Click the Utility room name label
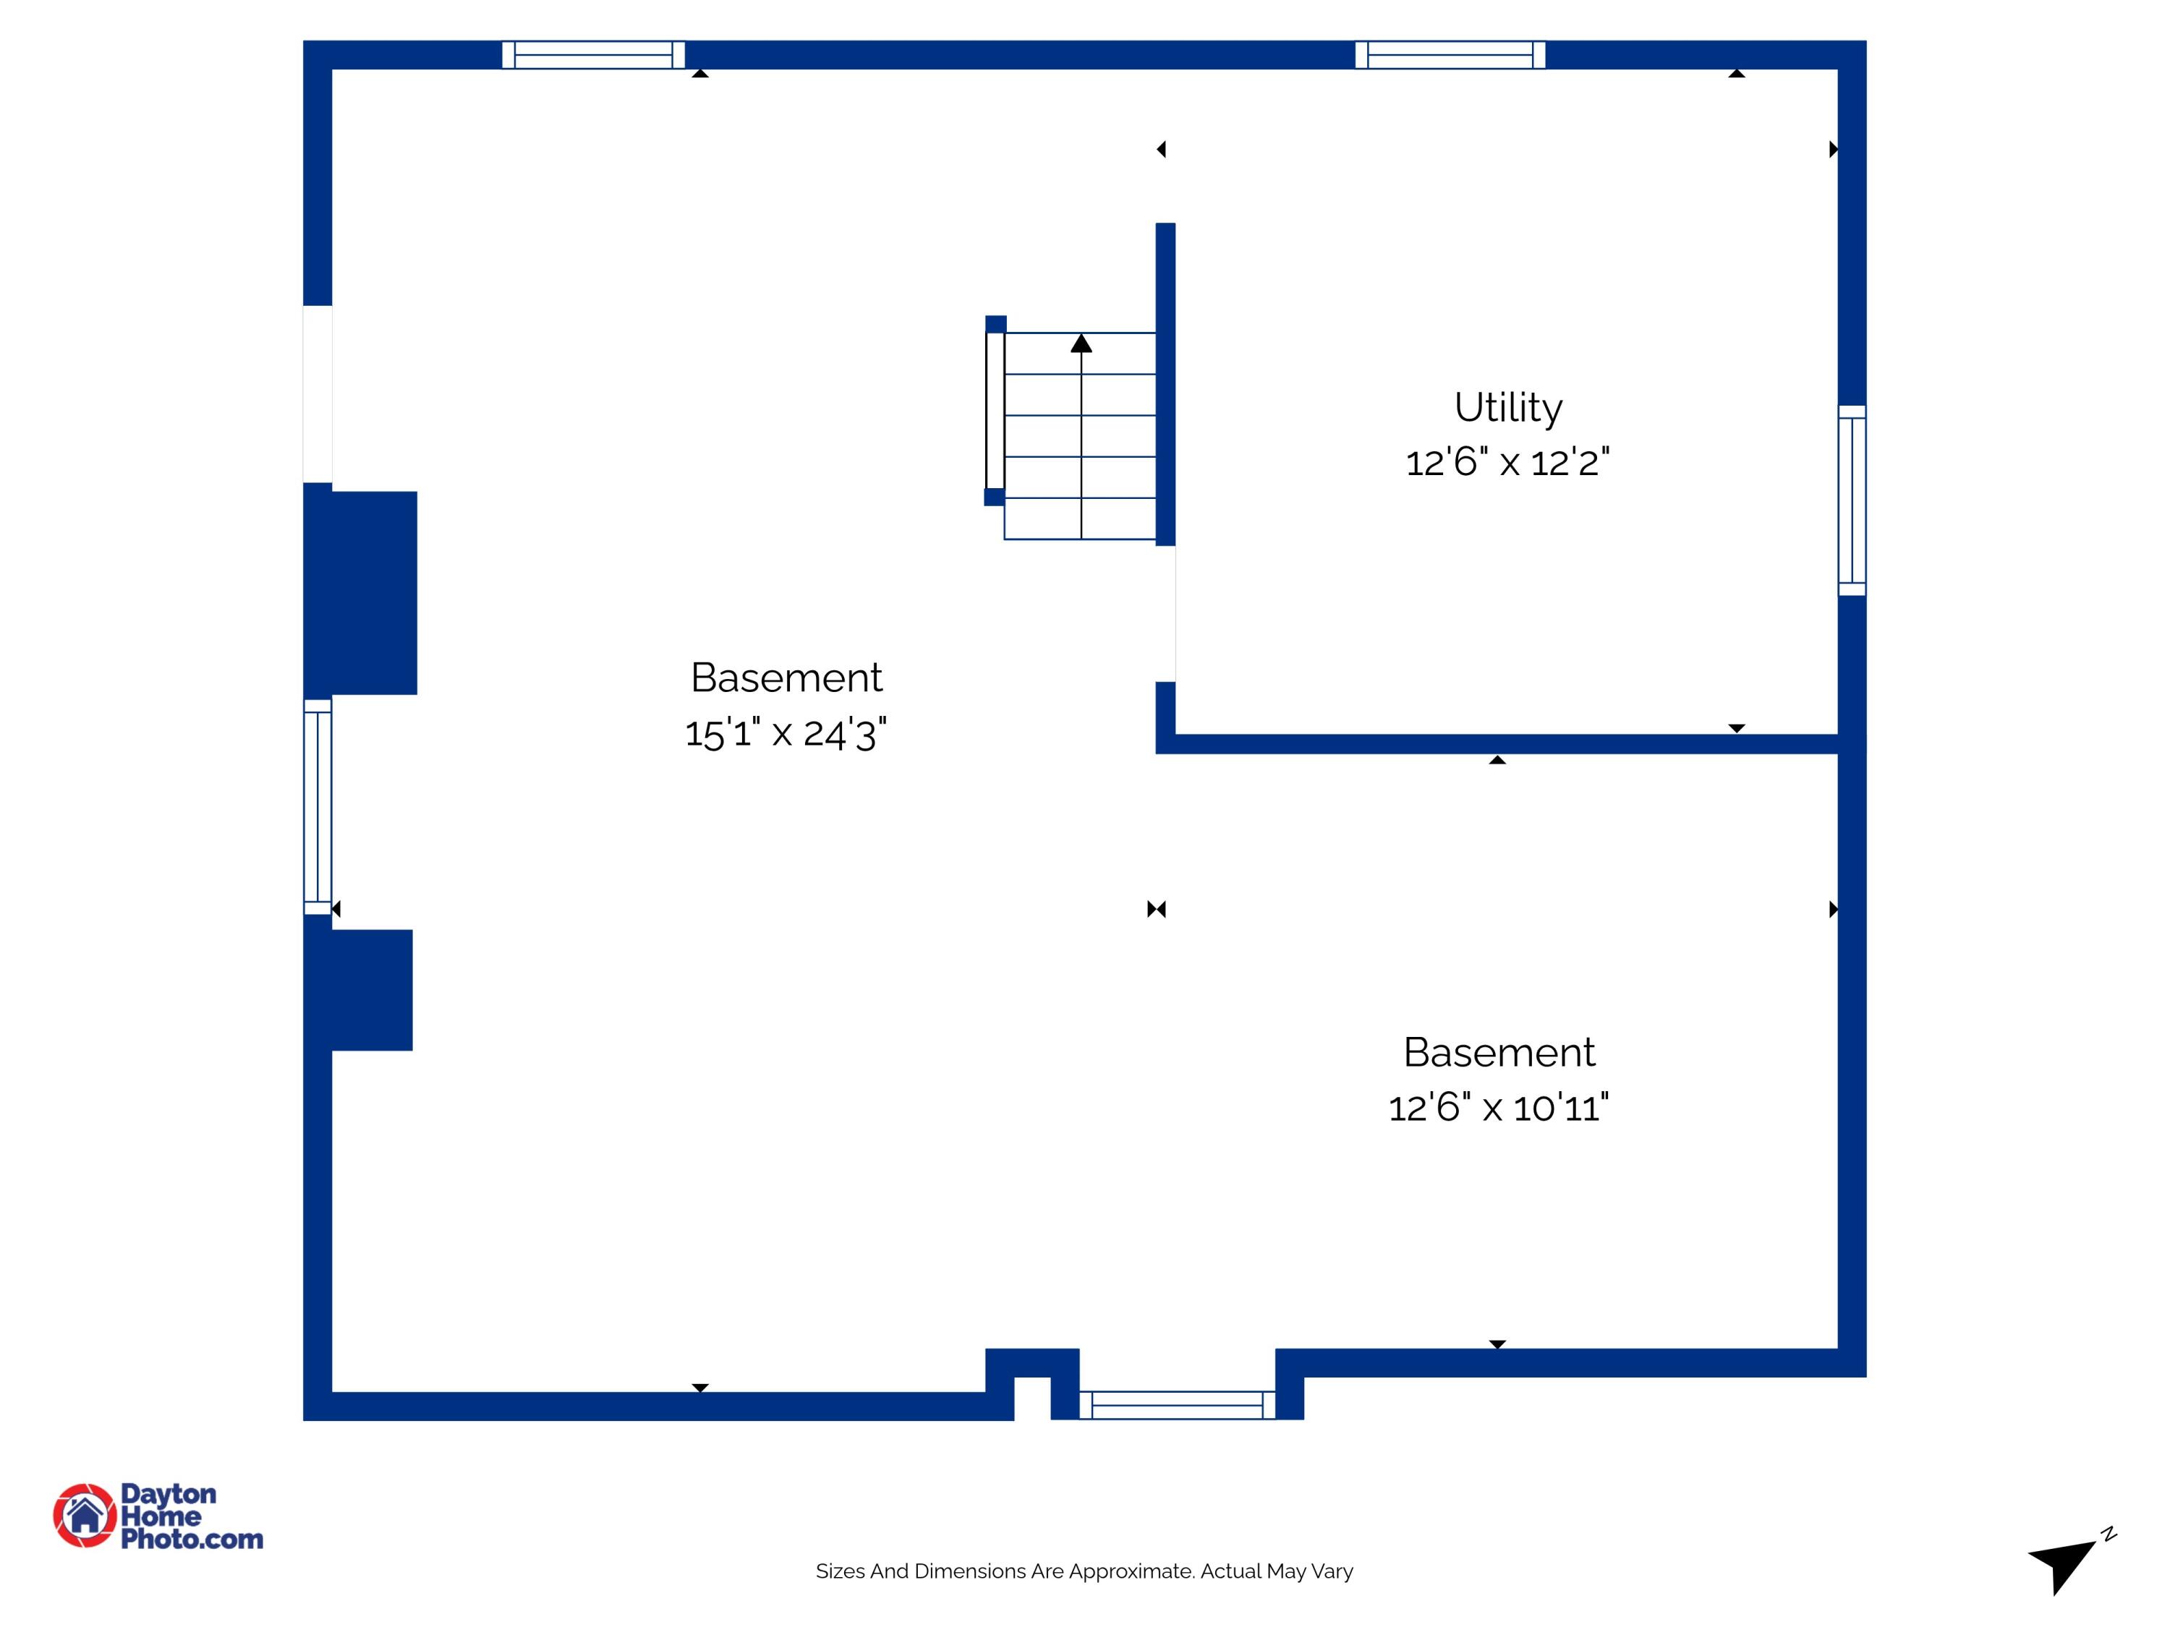coord(1508,408)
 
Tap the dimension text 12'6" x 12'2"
coord(1508,462)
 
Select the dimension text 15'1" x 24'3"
coord(786,733)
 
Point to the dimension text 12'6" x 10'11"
coord(1499,1107)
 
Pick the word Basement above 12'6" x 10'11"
coord(1499,1052)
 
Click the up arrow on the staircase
coord(1081,342)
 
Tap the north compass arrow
coord(2062,1564)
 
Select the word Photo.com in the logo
coord(192,1539)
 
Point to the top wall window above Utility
coord(1450,55)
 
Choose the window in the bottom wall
coord(1177,1405)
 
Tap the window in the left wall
coord(318,806)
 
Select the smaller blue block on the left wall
coord(358,989)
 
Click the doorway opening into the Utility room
coord(1165,614)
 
